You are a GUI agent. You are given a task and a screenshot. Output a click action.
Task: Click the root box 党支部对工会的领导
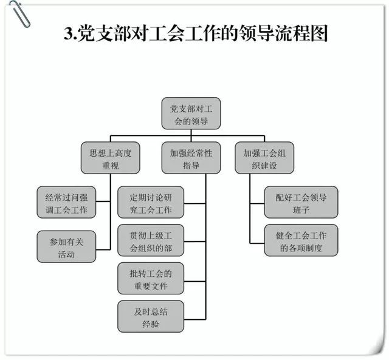(191, 114)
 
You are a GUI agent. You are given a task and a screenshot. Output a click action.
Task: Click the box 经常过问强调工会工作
(66, 203)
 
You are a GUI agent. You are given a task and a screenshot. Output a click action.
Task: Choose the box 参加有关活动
(66, 246)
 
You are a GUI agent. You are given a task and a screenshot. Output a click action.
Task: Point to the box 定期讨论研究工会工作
(151, 203)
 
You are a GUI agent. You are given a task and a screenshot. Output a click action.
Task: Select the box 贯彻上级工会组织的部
(151, 241)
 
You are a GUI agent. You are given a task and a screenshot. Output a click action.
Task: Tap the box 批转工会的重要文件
(151, 279)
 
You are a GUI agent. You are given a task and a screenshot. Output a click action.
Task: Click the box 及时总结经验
(151, 316)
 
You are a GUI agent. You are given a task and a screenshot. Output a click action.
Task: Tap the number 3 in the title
(67, 33)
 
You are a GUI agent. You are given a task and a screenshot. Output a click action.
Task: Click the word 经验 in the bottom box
(151, 323)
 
